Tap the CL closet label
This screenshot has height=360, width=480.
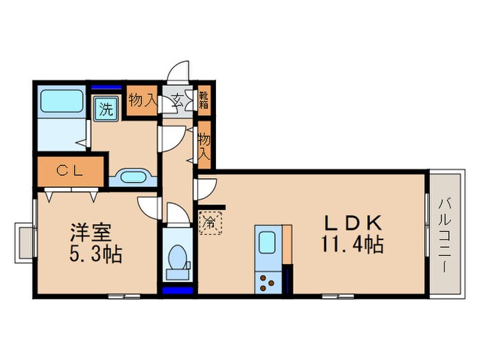[69, 171]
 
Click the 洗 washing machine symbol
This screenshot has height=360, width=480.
[106, 108]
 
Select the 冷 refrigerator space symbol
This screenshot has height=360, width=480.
[211, 221]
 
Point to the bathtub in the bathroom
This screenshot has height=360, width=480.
[62, 101]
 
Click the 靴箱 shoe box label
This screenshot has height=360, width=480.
[204, 101]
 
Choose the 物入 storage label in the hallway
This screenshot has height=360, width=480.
[204, 145]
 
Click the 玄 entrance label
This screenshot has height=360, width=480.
[176, 101]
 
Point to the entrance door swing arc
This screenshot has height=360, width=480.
[180, 71]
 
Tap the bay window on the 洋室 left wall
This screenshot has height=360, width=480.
[25, 241]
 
